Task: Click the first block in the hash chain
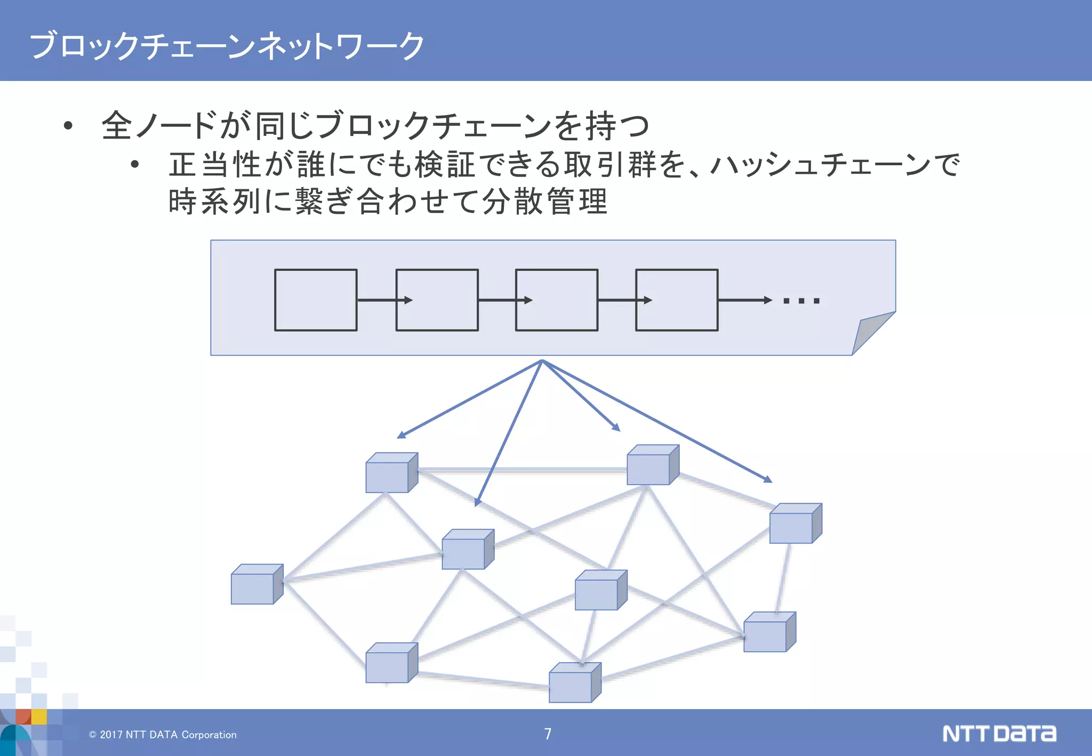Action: tap(316, 300)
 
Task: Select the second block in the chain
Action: tap(437, 300)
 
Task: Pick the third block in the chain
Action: tap(557, 300)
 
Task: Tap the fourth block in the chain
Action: tap(677, 300)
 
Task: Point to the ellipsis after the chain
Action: tap(801, 301)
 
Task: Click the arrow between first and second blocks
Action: tap(384, 300)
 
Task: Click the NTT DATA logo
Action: tap(999, 734)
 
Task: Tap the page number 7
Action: tap(548, 734)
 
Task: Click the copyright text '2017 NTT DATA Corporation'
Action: tap(163, 735)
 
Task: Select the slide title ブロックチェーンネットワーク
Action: tap(227, 45)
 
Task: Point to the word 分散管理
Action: tap(544, 202)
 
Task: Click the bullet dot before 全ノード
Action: tap(68, 126)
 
